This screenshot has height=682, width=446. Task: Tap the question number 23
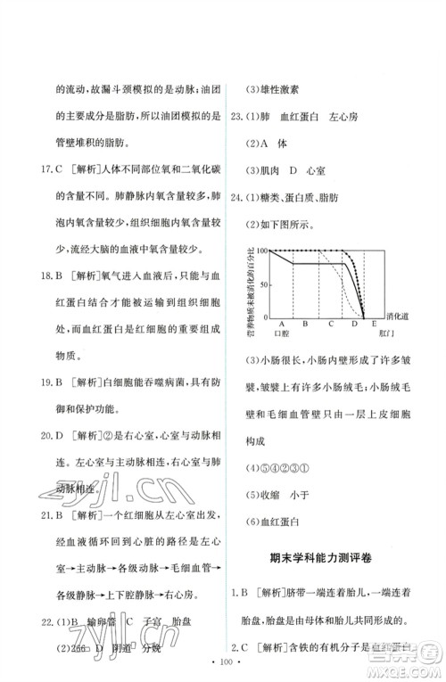pos(238,115)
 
